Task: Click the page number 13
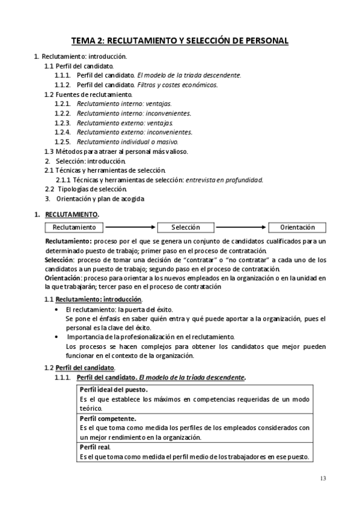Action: point(323,478)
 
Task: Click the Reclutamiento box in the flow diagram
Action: point(74,227)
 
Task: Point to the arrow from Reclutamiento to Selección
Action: point(130,227)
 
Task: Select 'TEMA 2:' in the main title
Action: point(88,40)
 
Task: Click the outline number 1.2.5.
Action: point(63,141)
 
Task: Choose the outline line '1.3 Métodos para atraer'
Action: point(116,151)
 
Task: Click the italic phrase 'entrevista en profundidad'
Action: point(224,179)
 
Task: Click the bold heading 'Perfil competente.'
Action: point(108,418)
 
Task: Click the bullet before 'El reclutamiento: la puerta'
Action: point(56,309)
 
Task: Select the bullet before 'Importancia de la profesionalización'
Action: point(56,337)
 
